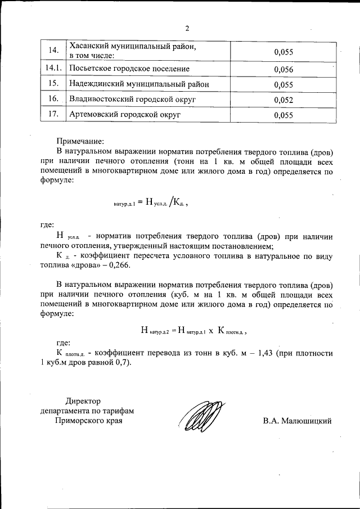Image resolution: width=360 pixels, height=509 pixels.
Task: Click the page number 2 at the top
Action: [187, 28]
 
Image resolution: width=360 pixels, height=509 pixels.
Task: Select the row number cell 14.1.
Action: [53, 69]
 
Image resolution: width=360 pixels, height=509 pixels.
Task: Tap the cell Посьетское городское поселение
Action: [129, 69]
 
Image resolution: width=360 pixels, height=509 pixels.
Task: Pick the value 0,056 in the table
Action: [284, 69]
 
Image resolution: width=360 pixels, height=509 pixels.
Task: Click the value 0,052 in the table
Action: [284, 100]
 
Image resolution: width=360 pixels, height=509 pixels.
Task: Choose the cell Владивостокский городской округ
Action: [132, 100]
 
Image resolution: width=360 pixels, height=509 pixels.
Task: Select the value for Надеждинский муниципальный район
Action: [284, 84]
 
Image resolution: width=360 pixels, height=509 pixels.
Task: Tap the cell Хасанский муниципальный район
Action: [132, 47]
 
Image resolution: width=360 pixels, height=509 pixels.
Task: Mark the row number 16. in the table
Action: [54, 100]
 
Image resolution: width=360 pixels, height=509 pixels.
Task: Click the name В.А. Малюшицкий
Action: [297, 420]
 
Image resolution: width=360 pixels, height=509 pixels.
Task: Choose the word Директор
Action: [83, 401]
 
